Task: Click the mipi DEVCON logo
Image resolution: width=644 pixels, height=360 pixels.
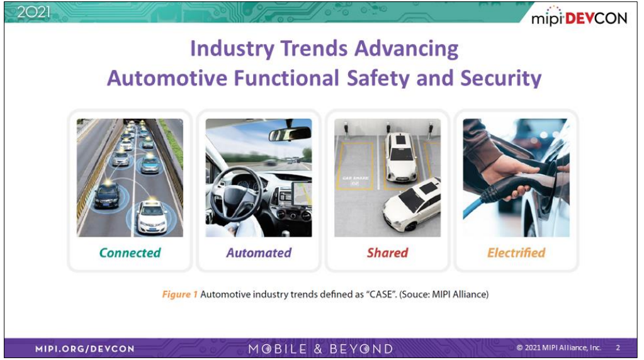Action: [x=579, y=16]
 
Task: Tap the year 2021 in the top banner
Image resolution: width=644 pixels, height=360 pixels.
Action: [x=33, y=12]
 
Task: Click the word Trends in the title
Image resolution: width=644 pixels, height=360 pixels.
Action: [x=314, y=48]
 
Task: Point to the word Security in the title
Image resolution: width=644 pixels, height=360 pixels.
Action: [x=500, y=78]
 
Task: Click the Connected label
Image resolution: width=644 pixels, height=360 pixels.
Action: [x=130, y=253]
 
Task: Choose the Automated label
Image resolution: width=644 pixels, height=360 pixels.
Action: [x=259, y=253]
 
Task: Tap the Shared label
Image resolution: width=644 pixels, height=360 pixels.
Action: [x=387, y=253]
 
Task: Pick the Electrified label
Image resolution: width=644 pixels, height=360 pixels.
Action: [x=516, y=253]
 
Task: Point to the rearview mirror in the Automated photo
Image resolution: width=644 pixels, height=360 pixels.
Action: [x=290, y=134]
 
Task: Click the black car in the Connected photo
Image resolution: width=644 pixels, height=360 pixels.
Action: [x=107, y=195]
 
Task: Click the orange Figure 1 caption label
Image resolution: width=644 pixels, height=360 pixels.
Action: [x=180, y=295]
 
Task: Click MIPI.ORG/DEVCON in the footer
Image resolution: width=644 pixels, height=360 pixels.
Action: [x=84, y=349]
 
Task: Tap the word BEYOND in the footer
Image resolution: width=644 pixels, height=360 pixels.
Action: [x=361, y=349]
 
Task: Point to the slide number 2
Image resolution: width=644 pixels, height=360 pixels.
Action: [x=618, y=347]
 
